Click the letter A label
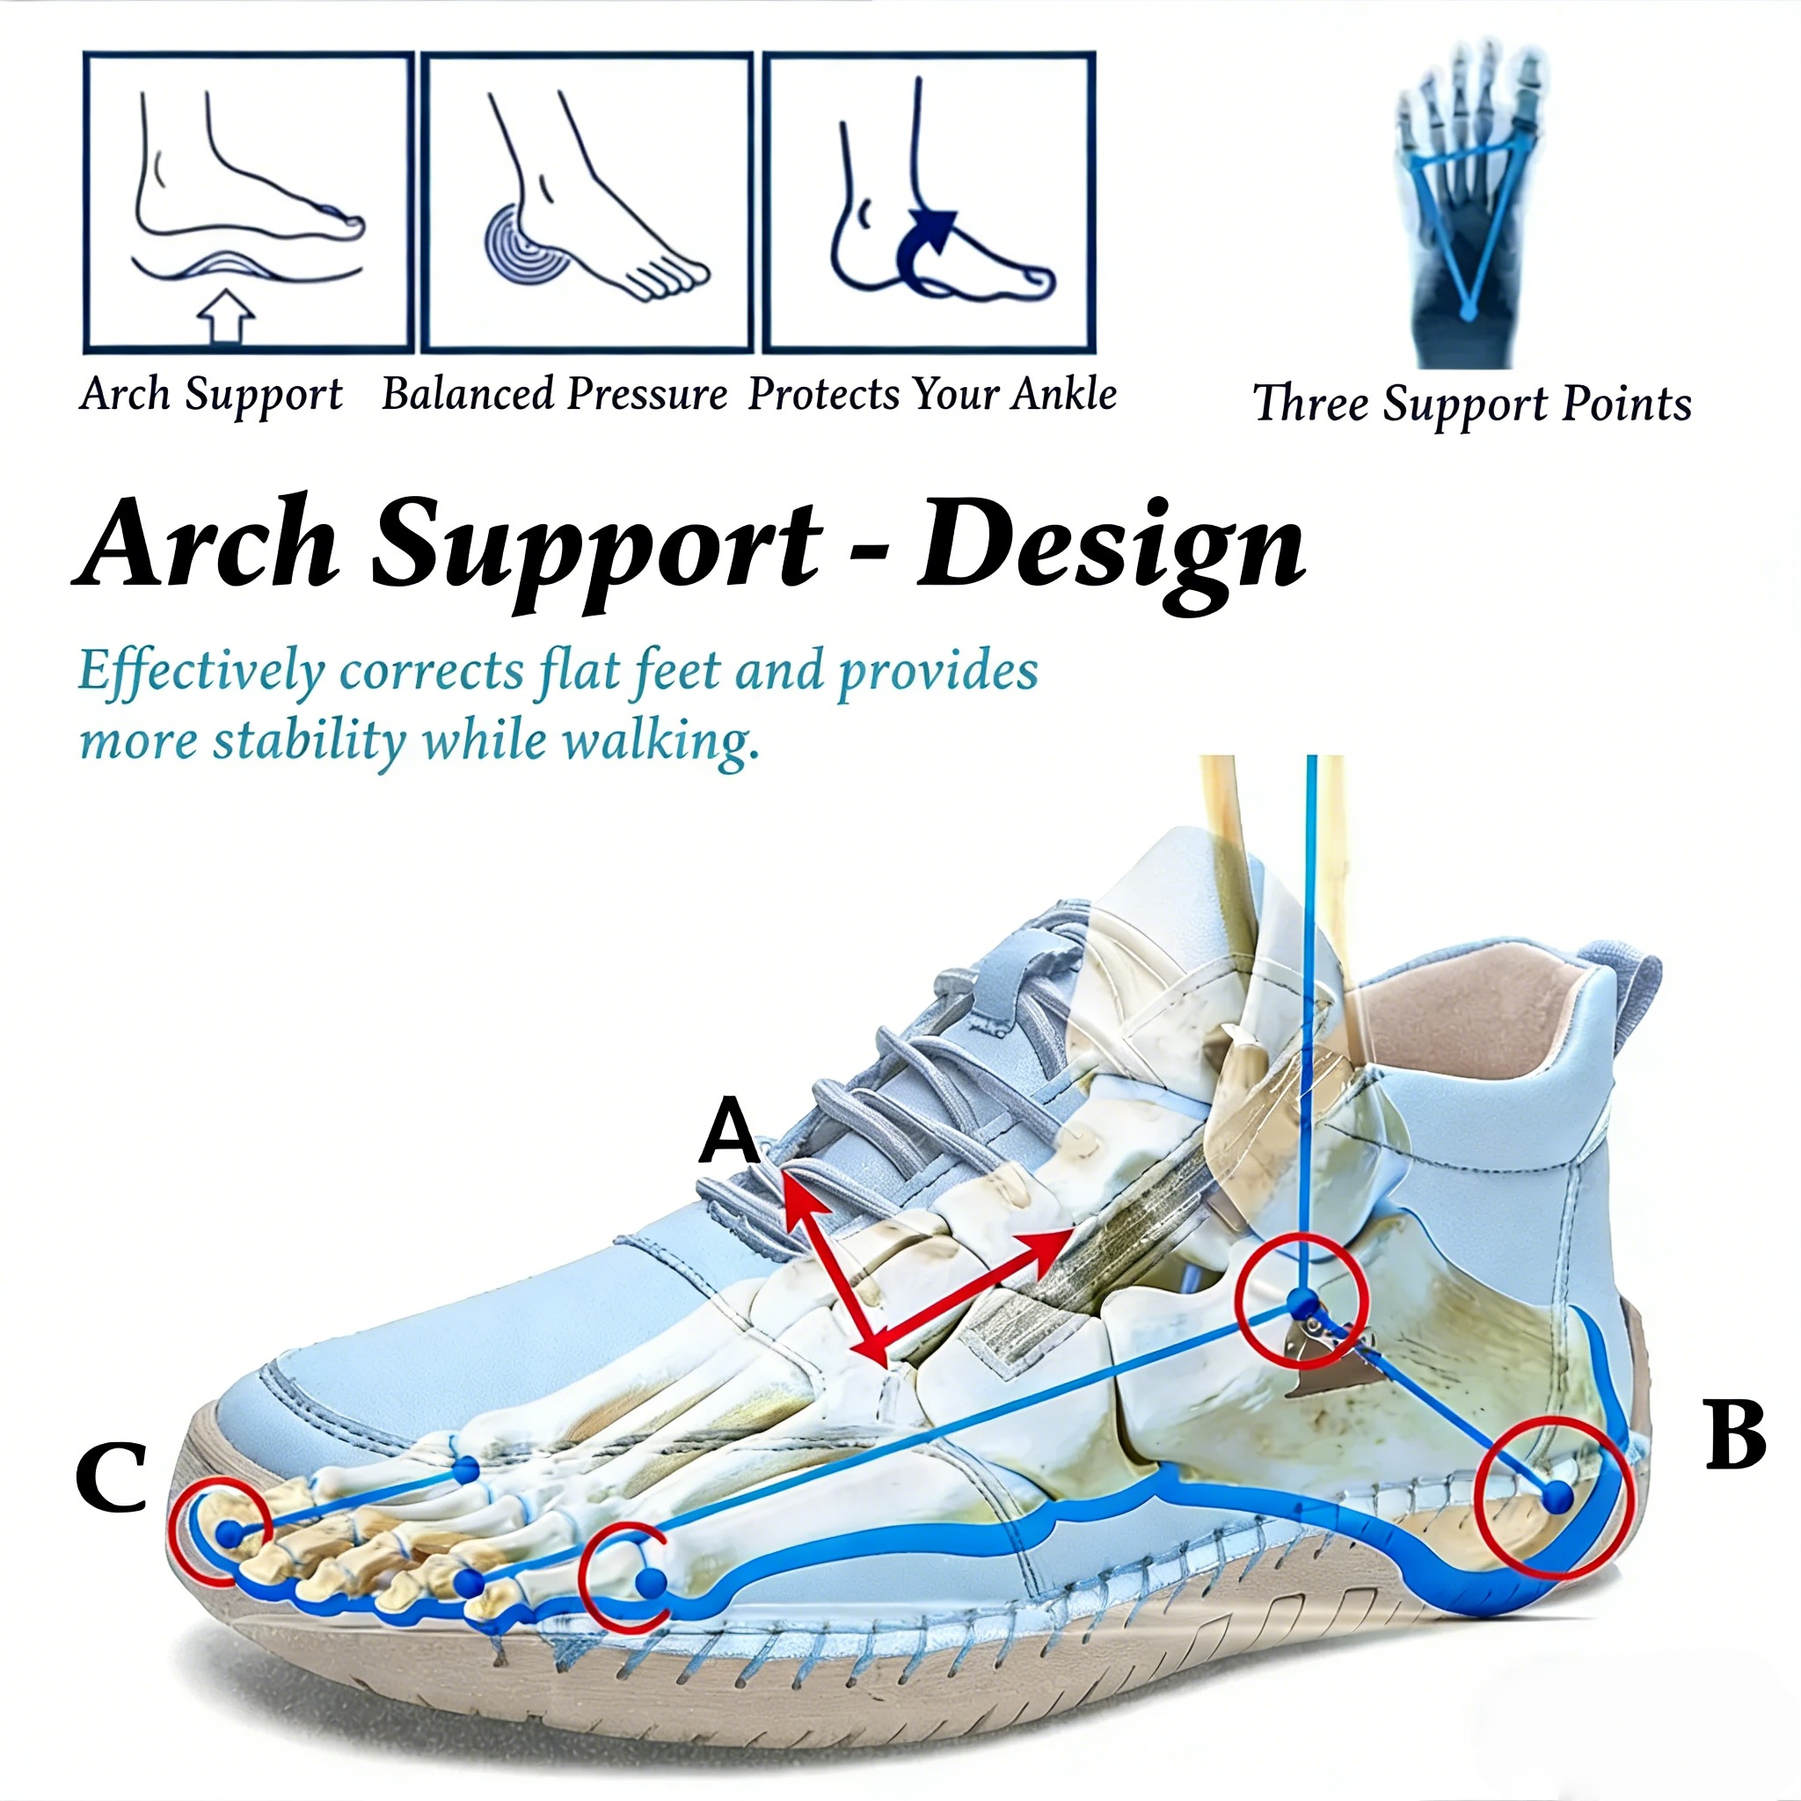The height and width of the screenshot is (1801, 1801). tap(730, 1131)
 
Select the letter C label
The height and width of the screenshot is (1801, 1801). tap(111, 1477)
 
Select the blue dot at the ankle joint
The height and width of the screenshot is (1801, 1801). tap(1301, 1300)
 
